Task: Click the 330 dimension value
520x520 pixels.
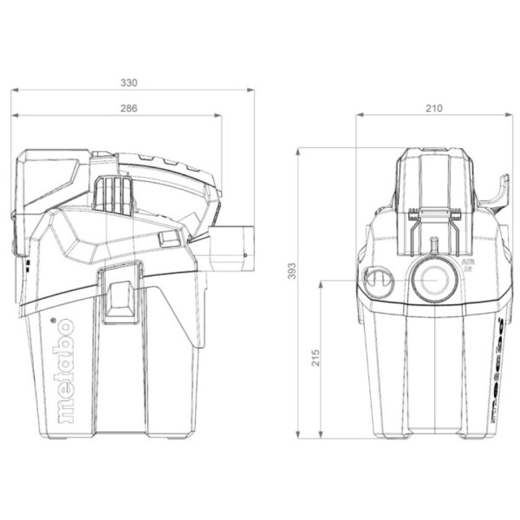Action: click(x=129, y=83)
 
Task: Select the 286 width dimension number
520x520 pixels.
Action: click(x=129, y=109)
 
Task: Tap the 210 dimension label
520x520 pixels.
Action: click(x=433, y=108)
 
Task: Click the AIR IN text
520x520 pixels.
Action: click(x=466, y=265)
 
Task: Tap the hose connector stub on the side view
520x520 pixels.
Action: click(x=232, y=249)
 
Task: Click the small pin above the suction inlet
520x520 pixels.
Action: click(x=434, y=242)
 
